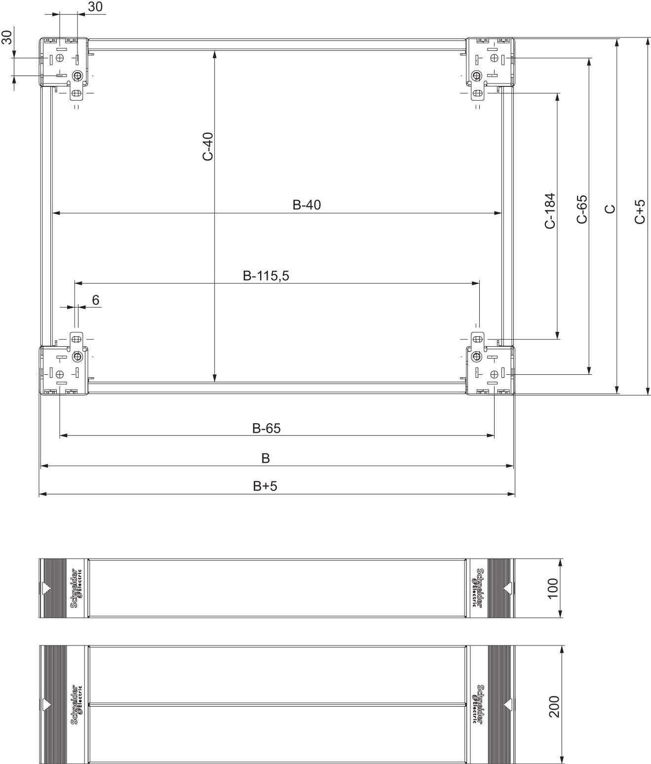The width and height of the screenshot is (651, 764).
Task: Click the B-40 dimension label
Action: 306,204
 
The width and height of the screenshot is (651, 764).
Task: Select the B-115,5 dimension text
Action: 266,276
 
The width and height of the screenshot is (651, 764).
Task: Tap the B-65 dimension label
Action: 266,428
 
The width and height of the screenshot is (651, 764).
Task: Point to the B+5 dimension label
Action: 265,486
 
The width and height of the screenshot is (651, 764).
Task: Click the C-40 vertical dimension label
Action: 208,146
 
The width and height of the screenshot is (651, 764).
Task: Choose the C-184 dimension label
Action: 550,211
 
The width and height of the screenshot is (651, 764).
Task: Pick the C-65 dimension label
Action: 582,209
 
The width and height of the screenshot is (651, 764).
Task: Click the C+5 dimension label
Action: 640,211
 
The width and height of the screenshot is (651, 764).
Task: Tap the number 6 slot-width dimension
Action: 95,300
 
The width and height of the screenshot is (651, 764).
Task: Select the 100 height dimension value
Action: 553,588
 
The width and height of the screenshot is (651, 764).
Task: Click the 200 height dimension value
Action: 554,706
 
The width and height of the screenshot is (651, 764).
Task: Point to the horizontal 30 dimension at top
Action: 95,7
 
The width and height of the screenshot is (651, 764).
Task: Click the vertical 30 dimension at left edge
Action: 7,37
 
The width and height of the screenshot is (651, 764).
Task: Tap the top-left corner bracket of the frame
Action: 64,63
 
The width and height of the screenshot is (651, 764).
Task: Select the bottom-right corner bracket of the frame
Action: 491,370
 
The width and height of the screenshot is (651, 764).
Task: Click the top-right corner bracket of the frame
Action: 491,63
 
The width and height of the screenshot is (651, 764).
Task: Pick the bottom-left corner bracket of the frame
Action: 64,370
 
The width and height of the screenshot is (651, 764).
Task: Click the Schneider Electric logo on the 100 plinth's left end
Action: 77,588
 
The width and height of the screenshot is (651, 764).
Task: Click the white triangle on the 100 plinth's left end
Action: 46,589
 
